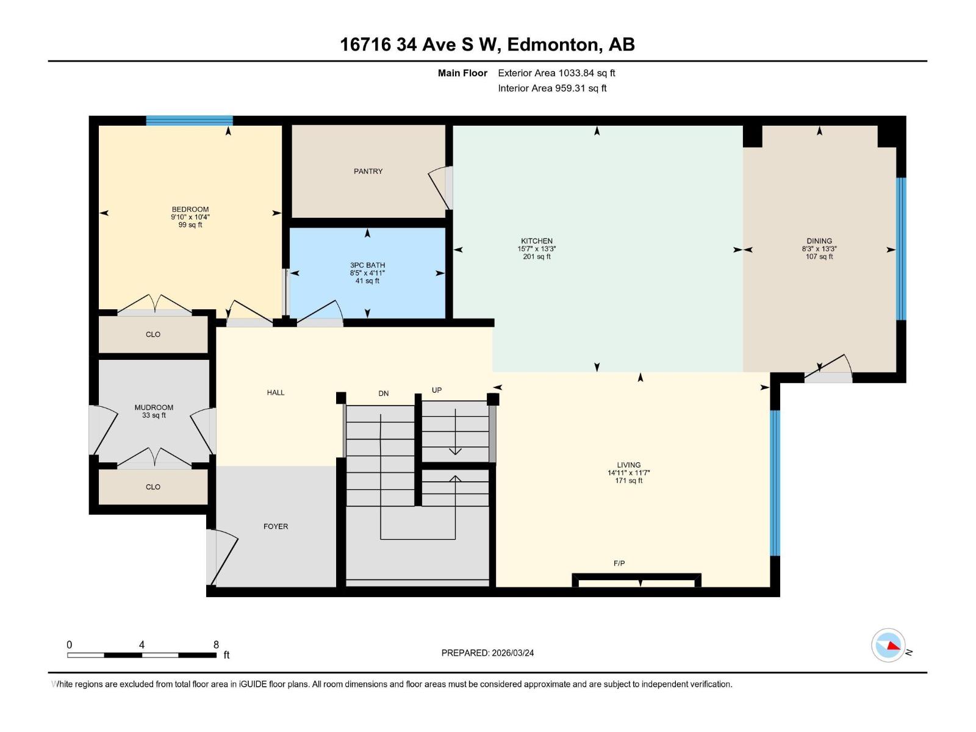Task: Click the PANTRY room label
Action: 368,171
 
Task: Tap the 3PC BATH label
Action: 367,265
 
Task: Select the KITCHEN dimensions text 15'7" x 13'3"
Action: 537,249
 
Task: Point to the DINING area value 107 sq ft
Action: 819,257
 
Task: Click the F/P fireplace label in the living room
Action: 619,564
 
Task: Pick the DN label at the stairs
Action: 383,393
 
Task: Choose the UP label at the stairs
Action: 437,390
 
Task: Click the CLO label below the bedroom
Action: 153,334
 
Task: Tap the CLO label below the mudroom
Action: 153,487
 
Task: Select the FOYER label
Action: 276,526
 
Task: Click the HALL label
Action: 276,393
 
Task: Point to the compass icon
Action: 888,645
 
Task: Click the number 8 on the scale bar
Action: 216,645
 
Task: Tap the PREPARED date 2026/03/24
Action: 512,653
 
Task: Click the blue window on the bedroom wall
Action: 189,121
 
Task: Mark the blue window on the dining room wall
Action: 900,249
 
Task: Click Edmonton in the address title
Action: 551,45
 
